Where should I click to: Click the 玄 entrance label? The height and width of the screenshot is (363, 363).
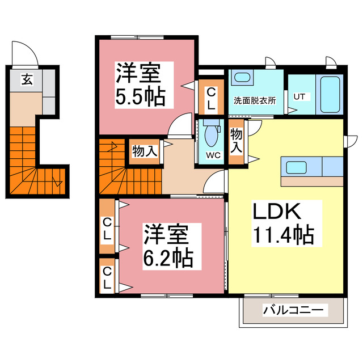click(x=27, y=79)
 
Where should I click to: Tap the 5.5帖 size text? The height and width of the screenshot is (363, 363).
click(x=141, y=97)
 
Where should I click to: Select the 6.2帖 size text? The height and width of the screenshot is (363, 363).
click(x=167, y=259)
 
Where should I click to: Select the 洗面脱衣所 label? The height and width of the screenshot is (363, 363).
click(x=255, y=101)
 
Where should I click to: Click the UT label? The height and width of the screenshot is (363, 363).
click(x=298, y=96)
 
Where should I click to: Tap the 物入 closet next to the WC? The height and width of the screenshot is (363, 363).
click(x=237, y=141)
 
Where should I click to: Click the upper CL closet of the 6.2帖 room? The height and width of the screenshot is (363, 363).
click(x=107, y=227)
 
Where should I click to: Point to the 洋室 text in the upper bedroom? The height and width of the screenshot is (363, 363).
click(x=138, y=73)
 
